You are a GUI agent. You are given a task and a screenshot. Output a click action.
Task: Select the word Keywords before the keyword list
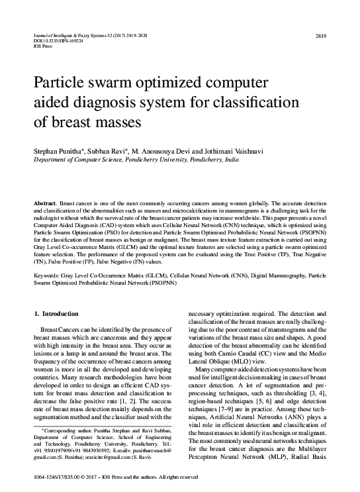(48, 273)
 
